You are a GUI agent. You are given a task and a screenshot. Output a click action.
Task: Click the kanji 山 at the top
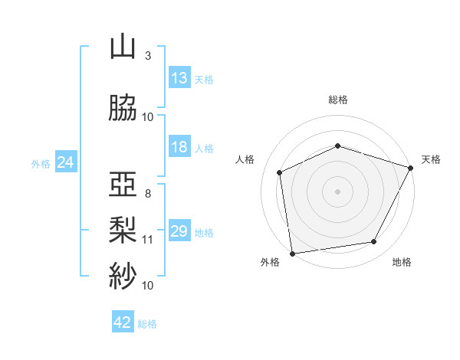[123, 47]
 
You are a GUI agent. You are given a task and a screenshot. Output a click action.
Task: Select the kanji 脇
[123, 108]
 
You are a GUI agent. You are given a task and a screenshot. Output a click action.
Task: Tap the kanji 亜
[123, 185]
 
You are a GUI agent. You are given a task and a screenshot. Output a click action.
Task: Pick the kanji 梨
[123, 230]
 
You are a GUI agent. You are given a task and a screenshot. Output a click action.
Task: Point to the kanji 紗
[123, 276]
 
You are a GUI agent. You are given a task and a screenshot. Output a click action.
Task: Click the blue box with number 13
[179, 77]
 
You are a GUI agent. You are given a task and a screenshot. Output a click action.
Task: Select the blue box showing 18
[179, 146]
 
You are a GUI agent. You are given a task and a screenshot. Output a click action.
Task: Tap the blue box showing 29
[179, 230]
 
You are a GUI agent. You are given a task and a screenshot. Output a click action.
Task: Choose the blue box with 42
[123, 321]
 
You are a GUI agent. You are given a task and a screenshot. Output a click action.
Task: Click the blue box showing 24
[66, 162]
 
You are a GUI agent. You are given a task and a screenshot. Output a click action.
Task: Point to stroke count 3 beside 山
[148, 56]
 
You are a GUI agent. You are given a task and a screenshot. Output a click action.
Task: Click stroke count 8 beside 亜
[148, 194]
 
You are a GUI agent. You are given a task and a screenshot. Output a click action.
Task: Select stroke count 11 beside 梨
[147, 240]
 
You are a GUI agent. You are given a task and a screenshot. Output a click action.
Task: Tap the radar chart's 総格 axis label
[338, 100]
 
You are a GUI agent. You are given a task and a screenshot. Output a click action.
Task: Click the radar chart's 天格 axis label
[431, 159]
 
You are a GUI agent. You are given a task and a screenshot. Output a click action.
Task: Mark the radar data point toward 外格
[293, 254]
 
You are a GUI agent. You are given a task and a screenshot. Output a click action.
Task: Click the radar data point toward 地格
[374, 241]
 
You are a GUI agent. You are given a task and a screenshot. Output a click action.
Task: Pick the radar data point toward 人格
[280, 172]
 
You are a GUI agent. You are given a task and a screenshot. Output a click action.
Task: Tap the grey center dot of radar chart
[337, 191]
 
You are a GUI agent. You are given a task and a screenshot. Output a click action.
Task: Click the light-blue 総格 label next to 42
[147, 324]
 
